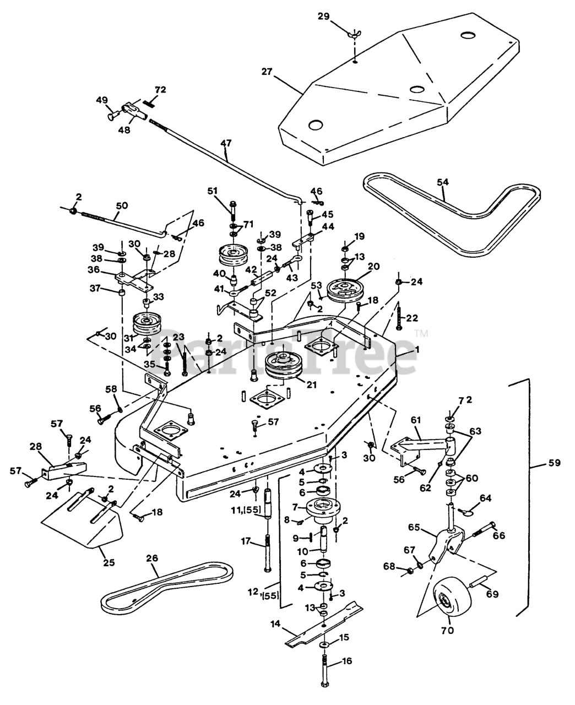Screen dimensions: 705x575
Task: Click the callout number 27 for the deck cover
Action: (x=267, y=71)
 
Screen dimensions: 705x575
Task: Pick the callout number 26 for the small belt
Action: (x=151, y=559)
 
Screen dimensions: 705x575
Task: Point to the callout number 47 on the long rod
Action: (x=226, y=144)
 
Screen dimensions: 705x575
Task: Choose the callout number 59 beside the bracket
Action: (x=554, y=463)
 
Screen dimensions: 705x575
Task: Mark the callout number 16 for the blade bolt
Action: (x=346, y=661)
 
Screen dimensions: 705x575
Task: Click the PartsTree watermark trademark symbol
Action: (x=421, y=333)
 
